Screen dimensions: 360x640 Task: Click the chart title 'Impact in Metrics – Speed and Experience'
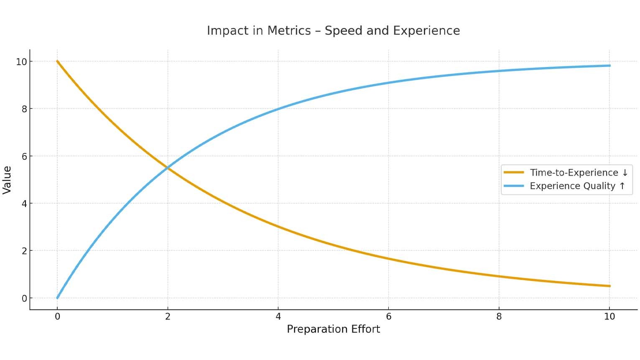tap(333, 31)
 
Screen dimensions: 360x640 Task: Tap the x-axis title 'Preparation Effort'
tap(333, 329)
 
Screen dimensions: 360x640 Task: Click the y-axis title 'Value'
tap(7, 180)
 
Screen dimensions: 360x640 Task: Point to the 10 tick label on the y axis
tap(21, 62)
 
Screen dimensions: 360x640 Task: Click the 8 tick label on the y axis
tap(24, 109)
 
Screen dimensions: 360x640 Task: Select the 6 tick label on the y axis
tap(24, 156)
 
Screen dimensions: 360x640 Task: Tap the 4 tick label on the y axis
tap(24, 204)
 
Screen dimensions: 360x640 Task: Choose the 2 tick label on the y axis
tap(24, 251)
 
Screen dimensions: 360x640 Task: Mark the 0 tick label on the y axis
tap(24, 299)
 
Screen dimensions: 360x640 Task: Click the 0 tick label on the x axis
tap(58, 317)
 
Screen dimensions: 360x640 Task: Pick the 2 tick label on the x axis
tap(168, 317)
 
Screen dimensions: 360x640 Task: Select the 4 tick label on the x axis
tap(278, 317)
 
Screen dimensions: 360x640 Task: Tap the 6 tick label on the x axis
tap(388, 317)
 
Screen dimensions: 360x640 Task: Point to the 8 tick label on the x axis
tap(499, 317)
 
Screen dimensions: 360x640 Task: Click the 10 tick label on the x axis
tap(609, 317)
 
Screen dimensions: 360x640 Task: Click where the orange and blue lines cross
tap(168, 168)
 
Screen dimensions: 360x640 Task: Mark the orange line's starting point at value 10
tap(58, 61)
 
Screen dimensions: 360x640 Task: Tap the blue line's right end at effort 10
tap(609, 66)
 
